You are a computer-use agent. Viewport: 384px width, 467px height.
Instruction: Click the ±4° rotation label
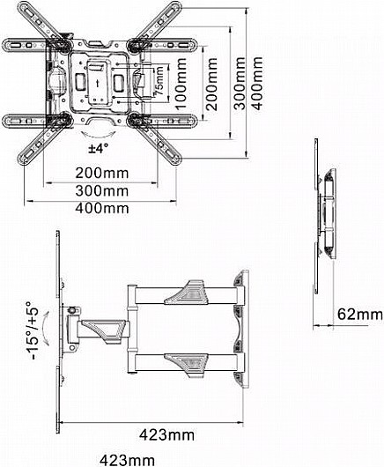[99, 148]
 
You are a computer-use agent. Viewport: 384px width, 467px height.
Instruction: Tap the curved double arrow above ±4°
[99, 135]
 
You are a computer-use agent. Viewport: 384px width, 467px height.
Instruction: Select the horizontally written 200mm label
[102, 173]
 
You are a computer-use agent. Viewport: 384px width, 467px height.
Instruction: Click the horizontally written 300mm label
[102, 191]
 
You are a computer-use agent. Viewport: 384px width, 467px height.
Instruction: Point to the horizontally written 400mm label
[102, 208]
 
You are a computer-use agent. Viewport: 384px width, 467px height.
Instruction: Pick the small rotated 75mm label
[159, 81]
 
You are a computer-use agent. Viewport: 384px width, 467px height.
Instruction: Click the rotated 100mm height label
[181, 84]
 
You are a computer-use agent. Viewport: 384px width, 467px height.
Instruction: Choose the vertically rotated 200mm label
[211, 84]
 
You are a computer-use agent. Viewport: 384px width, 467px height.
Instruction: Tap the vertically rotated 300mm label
[239, 84]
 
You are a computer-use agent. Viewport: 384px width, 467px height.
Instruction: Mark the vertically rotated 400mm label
[256, 84]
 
